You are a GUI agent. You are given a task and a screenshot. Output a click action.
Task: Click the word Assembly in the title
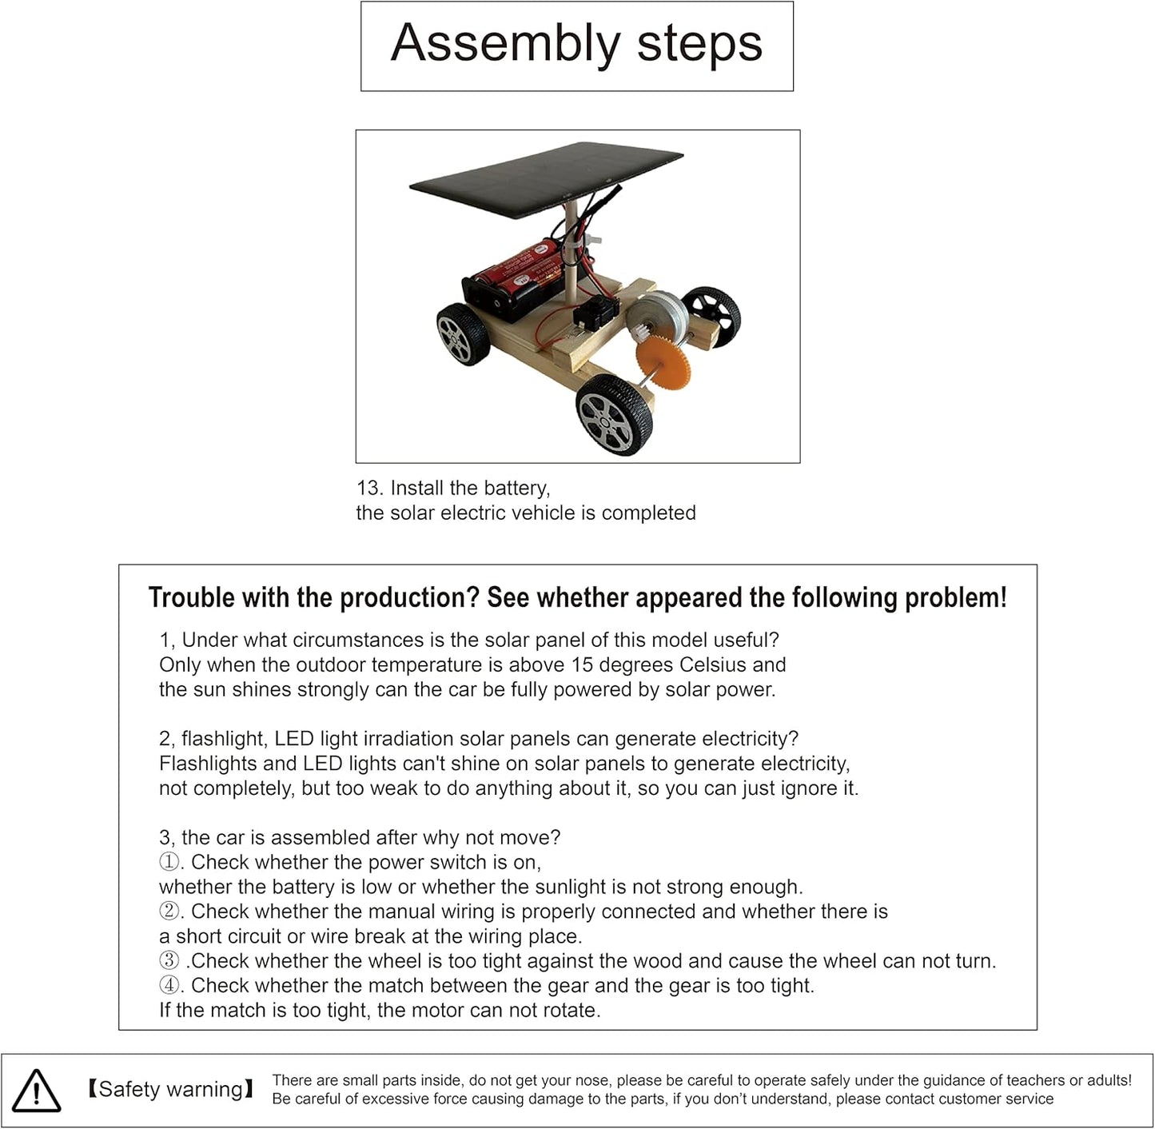coord(505,45)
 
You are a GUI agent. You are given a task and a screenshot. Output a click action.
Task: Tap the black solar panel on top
coord(546,178)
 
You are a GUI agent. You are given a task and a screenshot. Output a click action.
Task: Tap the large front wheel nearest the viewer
coord(614,416)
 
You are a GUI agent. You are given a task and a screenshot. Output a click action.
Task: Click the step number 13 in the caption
coord(368,488)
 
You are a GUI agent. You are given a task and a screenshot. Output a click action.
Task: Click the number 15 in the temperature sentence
coord(583,664)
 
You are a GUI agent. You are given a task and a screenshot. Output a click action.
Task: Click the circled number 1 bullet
coord(169,862)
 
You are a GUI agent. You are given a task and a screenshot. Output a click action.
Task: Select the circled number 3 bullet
coord(169,960)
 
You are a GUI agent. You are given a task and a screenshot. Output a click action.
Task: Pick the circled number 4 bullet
coord(169,985)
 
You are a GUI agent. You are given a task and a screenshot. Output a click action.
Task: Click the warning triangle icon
coord(36,1091)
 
